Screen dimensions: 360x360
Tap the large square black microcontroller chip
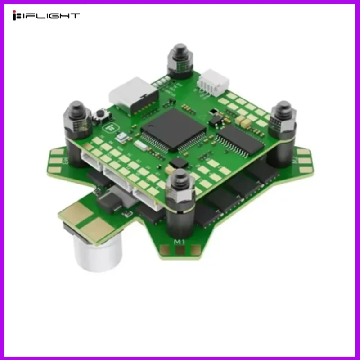[x=173, y=130]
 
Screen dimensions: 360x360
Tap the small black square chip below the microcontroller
[x=180, y=162]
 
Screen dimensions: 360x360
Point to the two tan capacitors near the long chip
[x=243, y=121]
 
